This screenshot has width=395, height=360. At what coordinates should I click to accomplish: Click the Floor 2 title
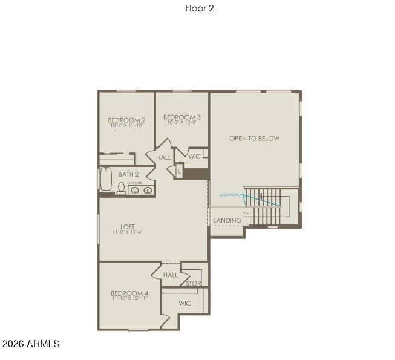pyautogui.click(x=199, y=8)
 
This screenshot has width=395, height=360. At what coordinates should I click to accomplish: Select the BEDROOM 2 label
pyautogui.click(x=126, y=120)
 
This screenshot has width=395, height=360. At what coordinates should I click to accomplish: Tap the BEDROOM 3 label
pyautogui.click(x=182, y=117)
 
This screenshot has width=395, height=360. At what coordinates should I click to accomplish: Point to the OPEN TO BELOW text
pyautogui.click(x=254, y=139)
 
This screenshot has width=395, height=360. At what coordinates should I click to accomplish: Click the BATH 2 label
pyautogui.click(x=129, y=174)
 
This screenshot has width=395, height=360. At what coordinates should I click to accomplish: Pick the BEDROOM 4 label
pyautogui.click(x=130, y=293)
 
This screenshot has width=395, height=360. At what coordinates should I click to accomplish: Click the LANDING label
pyautogui.click(x=227, y=221)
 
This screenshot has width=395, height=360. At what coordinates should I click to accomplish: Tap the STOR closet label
pyautogui.click(x=194, y=283)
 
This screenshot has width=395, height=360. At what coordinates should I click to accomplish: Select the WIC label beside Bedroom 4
pyautogui.click(x=184, y=303)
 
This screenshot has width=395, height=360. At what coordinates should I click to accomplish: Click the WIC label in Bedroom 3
pyautogui.click(x=194, y=156)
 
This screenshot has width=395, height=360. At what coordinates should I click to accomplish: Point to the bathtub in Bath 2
pyautogui.click(x=106, y=179)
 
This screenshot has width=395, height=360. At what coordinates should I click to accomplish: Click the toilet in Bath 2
pyautogui.click(x=121, y=189)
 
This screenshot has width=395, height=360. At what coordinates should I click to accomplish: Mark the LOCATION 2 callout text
pyautogui.click(x=230, y=195)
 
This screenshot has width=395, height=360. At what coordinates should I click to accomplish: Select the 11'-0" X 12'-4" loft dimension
pyautogui.click(x=127, y=232)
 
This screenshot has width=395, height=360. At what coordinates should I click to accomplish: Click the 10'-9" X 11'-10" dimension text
pyautogui.click(x=126, y=126)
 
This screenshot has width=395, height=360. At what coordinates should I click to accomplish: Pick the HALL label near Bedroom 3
pyautogui.click(x=163, y=158)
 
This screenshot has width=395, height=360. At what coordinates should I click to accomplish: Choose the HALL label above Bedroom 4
pyautogui.click(x=171, y=275)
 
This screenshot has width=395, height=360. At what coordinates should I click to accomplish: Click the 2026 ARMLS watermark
pyautogui.click(x=31, y=344)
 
